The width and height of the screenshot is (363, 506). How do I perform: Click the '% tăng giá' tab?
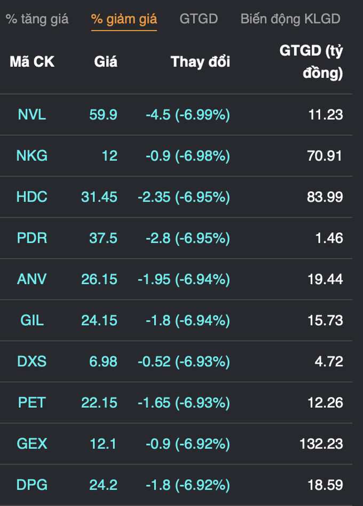point(37,19)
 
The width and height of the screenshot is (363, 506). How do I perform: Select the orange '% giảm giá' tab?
point(124,19)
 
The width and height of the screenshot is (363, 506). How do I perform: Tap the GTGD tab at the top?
point(199,19)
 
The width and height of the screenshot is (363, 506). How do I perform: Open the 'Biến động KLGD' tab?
point(290,19)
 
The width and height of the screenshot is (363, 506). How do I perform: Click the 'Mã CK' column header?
point(32,62)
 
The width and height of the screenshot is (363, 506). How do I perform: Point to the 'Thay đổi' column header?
point(200,62)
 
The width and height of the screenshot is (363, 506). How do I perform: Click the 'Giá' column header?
point(106,62)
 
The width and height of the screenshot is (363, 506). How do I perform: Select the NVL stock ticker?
point(32,115)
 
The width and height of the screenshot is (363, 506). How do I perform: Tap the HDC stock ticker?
point(32,197)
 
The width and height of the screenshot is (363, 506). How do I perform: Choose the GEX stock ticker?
point(32,444)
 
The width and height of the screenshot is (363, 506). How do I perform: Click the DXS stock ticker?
point(32,362)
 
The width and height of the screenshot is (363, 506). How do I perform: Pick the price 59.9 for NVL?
point(104,115)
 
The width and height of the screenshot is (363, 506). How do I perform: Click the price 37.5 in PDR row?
point(104,238)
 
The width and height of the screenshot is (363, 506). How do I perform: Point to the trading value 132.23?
point(321,444)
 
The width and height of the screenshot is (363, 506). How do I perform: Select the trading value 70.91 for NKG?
point(325,156)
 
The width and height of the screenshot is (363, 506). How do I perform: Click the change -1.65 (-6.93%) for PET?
point(184,403)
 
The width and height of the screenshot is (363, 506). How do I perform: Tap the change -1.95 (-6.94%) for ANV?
point(184,279)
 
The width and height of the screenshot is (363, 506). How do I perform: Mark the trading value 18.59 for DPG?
point(326,485)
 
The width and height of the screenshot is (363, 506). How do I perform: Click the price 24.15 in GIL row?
point(99,320)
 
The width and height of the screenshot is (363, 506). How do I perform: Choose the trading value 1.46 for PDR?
point(329,238)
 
